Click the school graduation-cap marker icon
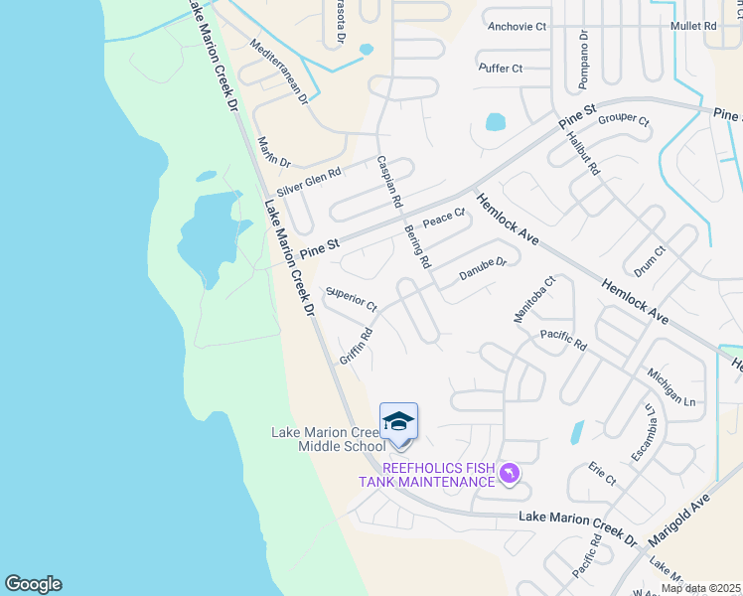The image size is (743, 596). click(398, 422)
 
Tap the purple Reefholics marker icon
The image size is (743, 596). click(509, 473)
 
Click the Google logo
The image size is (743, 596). click(33, 584)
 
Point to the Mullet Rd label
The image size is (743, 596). click(693, 27)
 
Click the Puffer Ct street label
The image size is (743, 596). click(500, 69)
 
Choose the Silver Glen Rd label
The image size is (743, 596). click(309, 181)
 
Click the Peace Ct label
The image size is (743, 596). click(444, 217)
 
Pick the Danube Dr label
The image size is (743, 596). click(483, 269)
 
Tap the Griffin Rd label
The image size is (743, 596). click(356, 345)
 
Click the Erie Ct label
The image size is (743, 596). click(602, 473)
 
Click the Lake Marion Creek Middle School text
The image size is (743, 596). click(328, 439)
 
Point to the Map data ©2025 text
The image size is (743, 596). click(699, 588)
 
